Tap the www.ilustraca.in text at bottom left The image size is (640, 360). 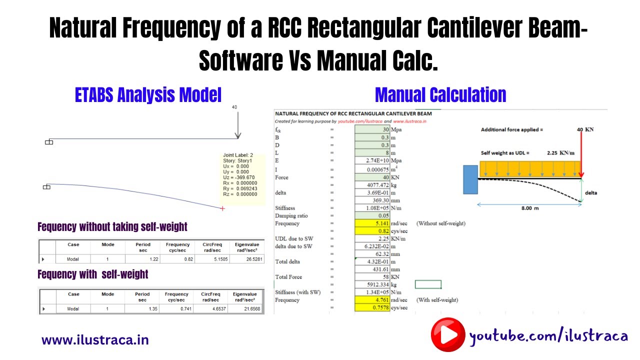[x=95, y=340]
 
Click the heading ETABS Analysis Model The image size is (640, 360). [x=148, y=94]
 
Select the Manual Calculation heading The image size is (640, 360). [x=440, y=94]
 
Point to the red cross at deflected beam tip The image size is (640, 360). [x=222, y=208]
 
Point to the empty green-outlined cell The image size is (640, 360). [x=428, y=284]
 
